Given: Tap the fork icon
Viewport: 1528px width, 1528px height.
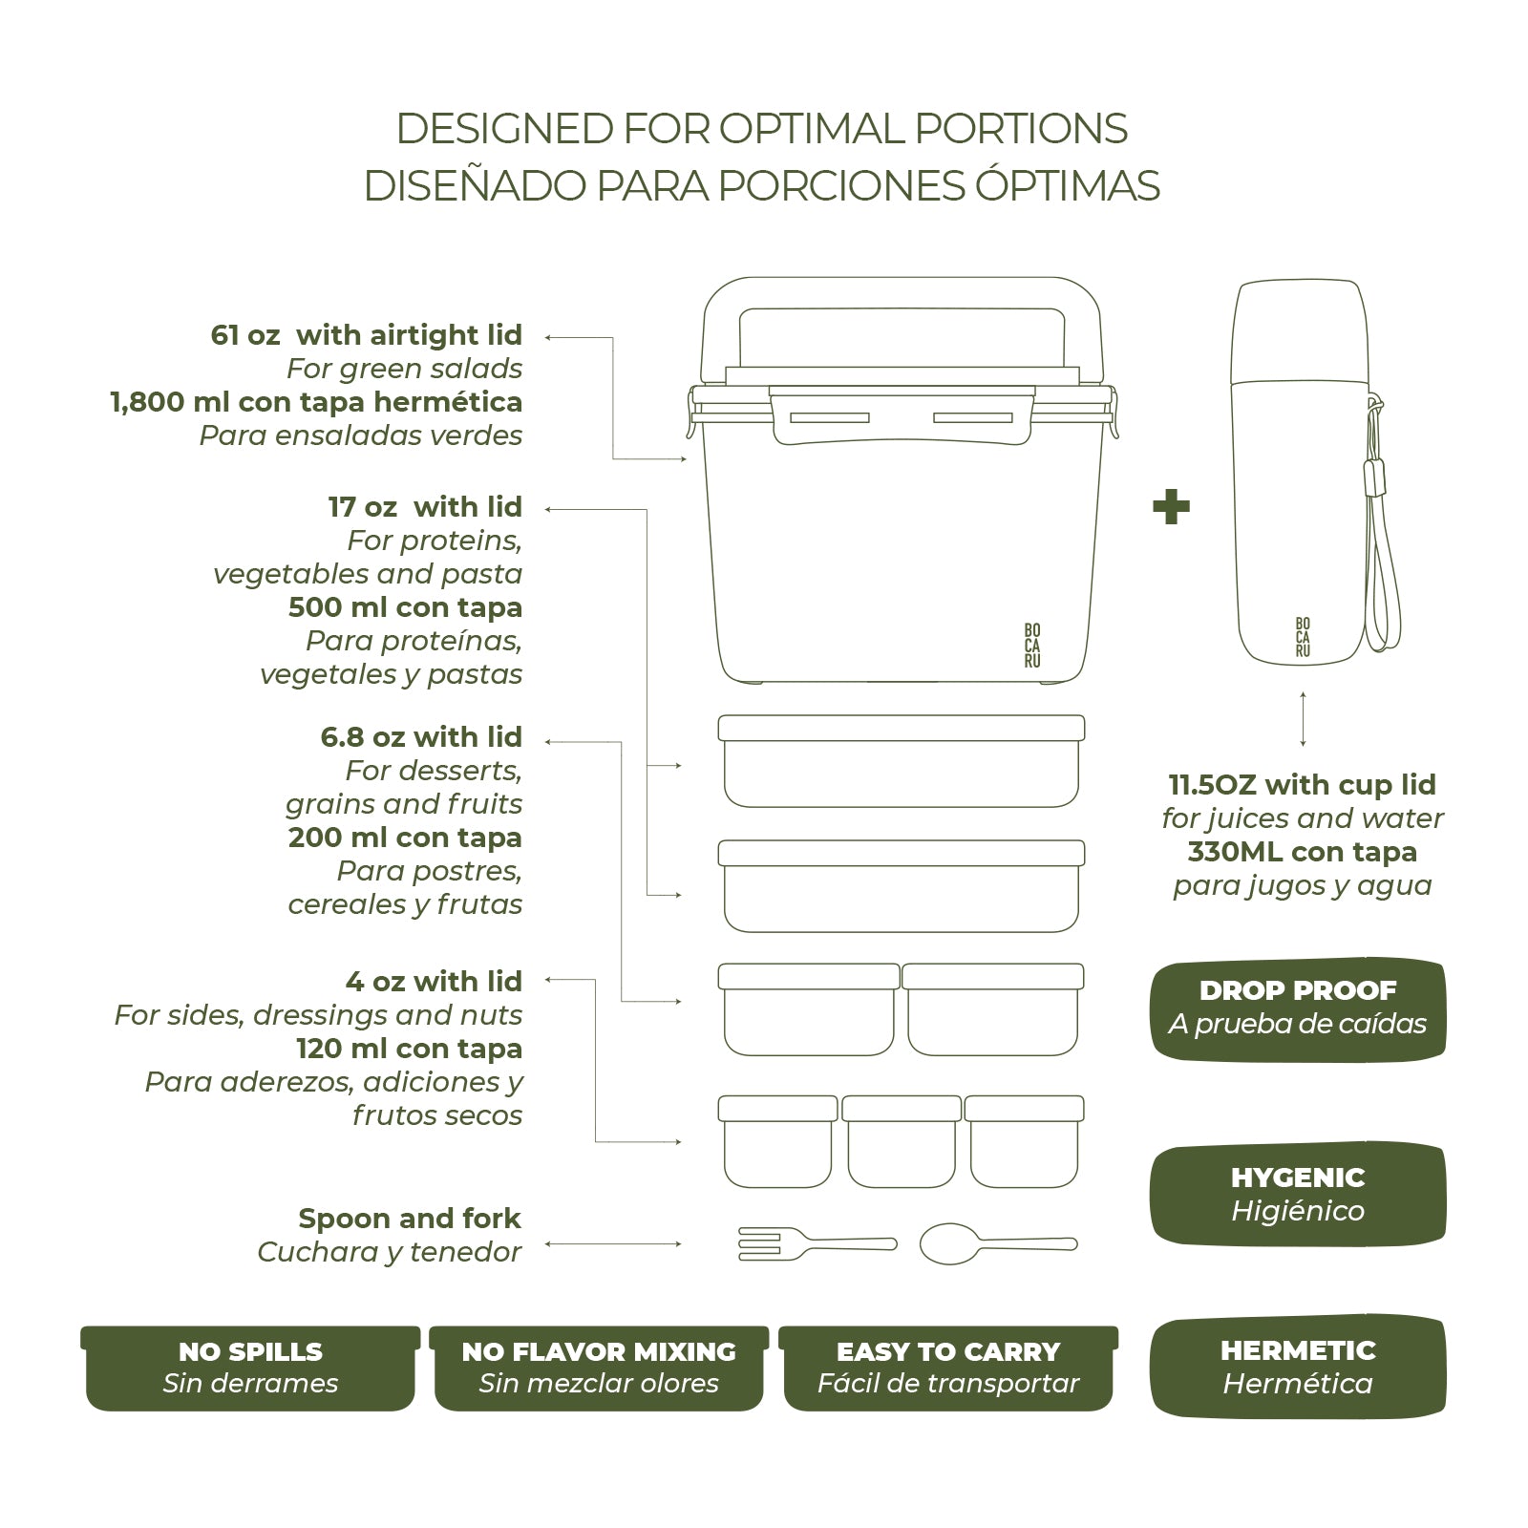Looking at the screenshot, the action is coord(817,1243).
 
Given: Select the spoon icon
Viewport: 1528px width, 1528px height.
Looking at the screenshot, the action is coord(998,1243).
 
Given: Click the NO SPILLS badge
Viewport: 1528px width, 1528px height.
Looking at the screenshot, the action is coord(250,1368).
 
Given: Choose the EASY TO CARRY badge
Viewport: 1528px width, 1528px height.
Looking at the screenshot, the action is coord(948,1368).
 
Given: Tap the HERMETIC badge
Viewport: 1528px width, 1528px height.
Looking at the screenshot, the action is coord(1298,1368).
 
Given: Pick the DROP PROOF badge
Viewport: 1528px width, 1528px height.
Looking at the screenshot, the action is coord(1298,1008).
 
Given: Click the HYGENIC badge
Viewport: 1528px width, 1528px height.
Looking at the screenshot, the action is coord(1298,1194).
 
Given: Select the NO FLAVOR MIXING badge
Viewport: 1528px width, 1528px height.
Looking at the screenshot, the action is coord(599,1368).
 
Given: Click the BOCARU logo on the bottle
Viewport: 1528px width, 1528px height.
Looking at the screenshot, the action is coord(1303,637).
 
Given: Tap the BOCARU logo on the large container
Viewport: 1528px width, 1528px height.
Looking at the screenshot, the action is coord(1032,646).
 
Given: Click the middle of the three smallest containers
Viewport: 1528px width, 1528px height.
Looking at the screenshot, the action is coord(902,1141).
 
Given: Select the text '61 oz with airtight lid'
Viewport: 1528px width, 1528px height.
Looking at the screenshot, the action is coord(367,335).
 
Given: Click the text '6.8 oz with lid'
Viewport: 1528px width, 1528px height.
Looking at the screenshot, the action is coord(421,737).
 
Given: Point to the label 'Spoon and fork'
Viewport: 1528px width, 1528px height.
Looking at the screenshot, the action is coord(410,1219).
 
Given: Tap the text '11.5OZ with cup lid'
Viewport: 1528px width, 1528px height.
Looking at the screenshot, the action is coord(1303,785).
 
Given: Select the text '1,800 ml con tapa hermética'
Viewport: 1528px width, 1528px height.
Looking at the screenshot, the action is coord(317,402).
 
